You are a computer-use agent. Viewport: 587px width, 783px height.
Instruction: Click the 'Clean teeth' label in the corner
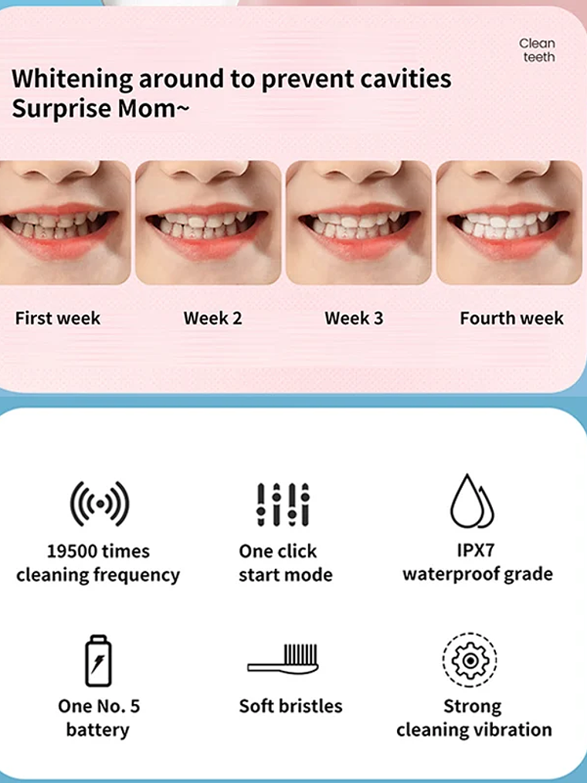click(537, 50)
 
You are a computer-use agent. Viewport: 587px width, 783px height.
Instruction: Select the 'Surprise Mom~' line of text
click(100, 109)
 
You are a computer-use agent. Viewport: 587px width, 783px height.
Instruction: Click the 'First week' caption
click(58, 318)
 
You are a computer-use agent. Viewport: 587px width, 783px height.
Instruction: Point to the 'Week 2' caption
click(212, 318)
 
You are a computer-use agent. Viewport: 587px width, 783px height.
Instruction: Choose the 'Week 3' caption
click(354, 318)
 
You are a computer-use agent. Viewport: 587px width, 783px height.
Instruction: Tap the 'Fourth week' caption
click(511, 318)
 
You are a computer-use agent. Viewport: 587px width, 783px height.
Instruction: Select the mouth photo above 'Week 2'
click(208, 223)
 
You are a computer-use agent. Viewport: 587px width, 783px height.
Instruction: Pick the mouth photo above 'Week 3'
click(358, 223)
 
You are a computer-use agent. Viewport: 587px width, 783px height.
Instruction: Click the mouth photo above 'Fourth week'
click(509, 223)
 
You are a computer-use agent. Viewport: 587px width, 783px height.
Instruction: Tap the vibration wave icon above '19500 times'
click(99, 503)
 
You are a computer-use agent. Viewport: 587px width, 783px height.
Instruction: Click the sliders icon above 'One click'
click(283, 504)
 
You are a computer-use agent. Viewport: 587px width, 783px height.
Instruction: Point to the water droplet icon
click(472, 502)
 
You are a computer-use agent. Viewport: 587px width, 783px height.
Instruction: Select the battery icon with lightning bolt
click(98, 661)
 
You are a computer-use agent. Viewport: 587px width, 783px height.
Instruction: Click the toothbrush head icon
click(283, 658)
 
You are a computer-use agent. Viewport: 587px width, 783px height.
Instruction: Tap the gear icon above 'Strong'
click(470, 660)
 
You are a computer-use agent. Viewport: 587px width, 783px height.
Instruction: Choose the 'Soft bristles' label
click(290, 706)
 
